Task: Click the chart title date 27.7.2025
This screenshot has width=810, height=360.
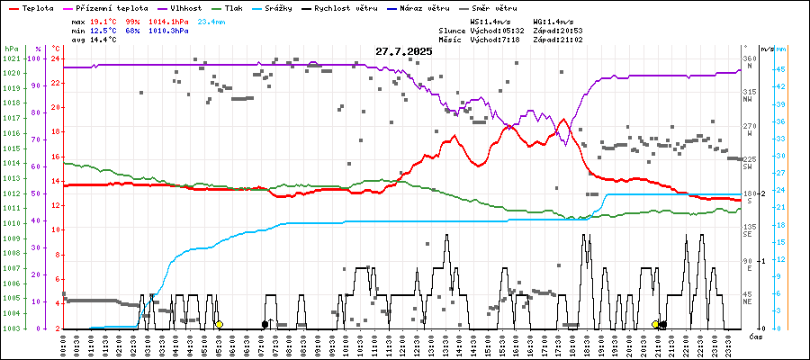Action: point(404,51)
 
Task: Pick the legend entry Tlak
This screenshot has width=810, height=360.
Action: point(242,7)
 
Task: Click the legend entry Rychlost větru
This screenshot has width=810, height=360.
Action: point(364,7)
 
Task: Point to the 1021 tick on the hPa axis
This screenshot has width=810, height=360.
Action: point(11,59)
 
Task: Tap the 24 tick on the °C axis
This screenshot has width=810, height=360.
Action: point(55,59)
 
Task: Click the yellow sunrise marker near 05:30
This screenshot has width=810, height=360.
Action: point(219,324)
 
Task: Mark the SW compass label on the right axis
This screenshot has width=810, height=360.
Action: point(747,166)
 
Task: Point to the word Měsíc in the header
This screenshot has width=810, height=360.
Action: point(452,40)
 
